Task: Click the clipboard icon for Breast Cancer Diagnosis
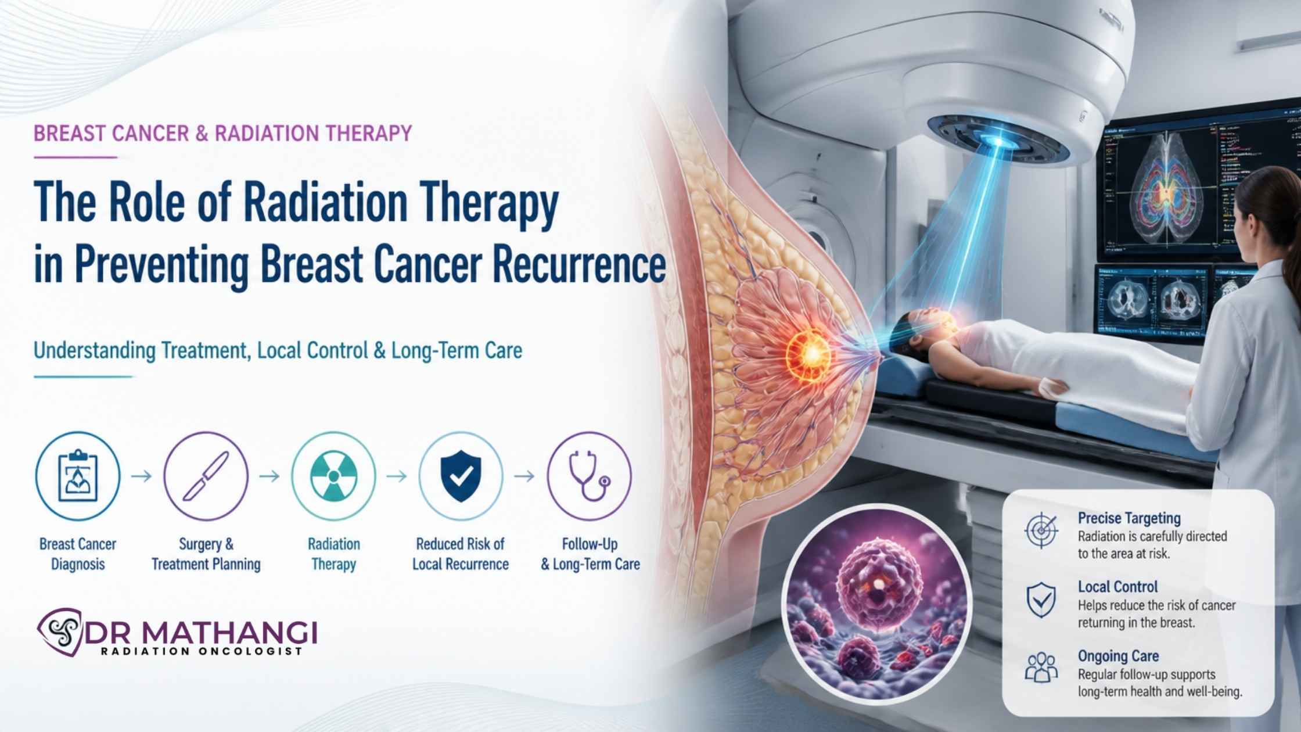tap(78, 476)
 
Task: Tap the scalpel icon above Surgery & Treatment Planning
tap(206, 476)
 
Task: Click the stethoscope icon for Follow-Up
tap(589, 476)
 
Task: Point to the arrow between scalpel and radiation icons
tap(269, 476)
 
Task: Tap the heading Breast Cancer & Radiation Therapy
tap(222, 134)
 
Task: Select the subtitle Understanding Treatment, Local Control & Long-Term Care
tap(278, 351)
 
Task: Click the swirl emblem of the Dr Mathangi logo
tap(60, 632)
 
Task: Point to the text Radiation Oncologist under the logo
tap(202, 651)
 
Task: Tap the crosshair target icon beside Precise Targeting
tap(1041, 530)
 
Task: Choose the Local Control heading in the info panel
tap(1118, 587)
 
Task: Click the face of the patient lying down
tap(926, 323)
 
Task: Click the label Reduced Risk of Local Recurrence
tap(461, 554)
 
